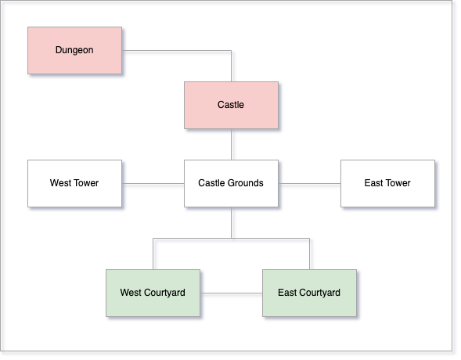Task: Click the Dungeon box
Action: click(74, 50)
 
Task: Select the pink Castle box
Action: click(231, 105)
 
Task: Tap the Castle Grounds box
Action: click(231, 183)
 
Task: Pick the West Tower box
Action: click(74, 183)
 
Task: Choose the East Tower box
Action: click(387, 183)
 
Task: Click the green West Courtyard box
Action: click(153, 293)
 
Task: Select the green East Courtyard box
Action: click(309, 293)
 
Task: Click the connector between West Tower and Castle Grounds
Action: click(153, 184)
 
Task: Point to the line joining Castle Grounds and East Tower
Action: click(309, 184)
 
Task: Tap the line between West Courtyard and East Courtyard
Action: click(231, 293)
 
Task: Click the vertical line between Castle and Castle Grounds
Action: click(231, 144)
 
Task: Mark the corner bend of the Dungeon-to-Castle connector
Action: click(231, 51)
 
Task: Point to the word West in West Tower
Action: click(58, 183)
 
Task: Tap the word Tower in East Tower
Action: click(398, 183)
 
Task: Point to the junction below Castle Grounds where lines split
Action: click(231, 239)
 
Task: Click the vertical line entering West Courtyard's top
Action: click(153, 254)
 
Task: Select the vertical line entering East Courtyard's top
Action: click(309, 254)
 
